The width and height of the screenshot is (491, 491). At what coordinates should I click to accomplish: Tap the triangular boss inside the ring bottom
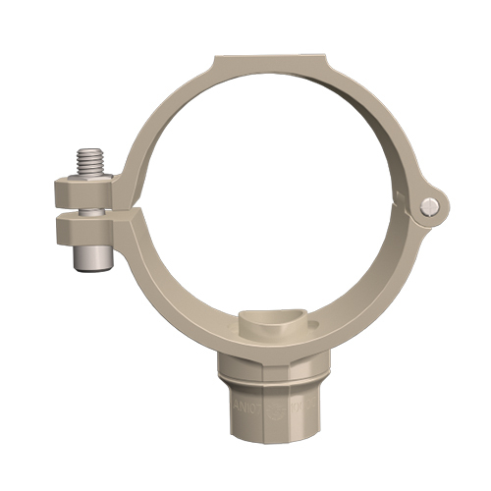pyautogui.click(x=265, y=322)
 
